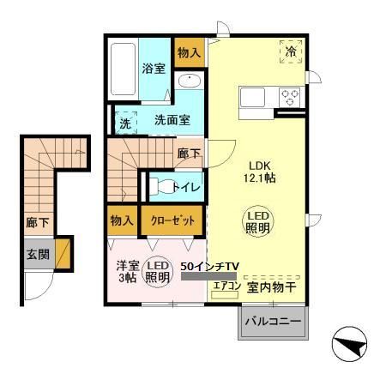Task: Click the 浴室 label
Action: click(x=154, y=69)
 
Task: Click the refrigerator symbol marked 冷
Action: click(x=291, y=52)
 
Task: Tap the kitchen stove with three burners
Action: click(x=290, y=97)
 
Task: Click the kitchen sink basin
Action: click(x=256, y=97)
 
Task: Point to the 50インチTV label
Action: click(x=209, y=267)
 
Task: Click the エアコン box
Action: click(x=226, y=287)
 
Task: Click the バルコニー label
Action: click(x=272, y=323)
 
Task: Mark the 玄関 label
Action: click(x=38, y=255)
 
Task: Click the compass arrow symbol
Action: click(x=351, y=347)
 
